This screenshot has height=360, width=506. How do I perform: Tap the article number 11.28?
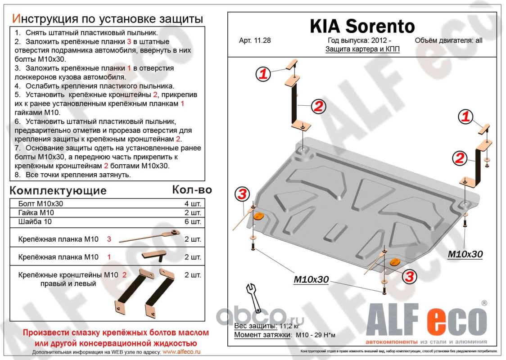pyautogui.click(x=255, y=40)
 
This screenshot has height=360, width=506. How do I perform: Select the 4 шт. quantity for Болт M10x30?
pyautogui.click(x=193, y=203)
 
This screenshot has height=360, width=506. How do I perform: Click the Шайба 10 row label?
pyautogui.click(x=34, y=221)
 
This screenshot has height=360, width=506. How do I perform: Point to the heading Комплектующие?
pyautogui.click(x=58, y=190)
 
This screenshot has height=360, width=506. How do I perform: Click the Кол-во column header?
pyautogui.click(x=192, y=189)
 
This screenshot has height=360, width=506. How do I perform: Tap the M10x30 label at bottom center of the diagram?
pyautogui.click(x=311, y=279)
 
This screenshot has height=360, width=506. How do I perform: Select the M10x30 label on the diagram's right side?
pyautogui.click(x=465, y=254)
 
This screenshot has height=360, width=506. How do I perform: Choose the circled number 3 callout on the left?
pyautogui.click(x=242, y=194)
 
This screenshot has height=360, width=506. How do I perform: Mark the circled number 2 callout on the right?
pyautogui.click(x=460, y=158)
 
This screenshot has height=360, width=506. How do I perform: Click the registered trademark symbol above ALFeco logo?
pyautogui.click(x=484, y=303)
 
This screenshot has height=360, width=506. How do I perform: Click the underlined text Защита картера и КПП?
pyautogui.click(x=362, y=49)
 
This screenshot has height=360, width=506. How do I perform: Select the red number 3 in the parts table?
pyautogui.click(x=108, y=239)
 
